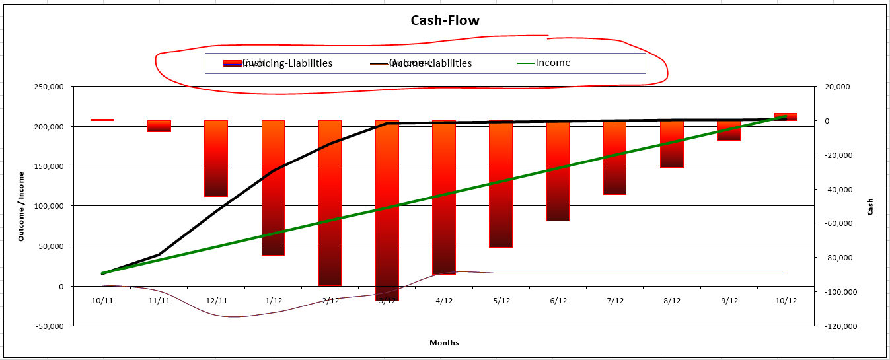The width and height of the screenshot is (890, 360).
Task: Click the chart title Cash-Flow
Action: (x=445, y=20)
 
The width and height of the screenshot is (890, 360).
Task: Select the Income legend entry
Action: (x=552, y=63)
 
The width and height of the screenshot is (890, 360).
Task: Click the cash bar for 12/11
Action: (x=216, y=159)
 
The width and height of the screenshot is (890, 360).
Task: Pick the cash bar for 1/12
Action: (x=273, y=188)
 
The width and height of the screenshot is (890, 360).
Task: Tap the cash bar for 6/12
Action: (x=558, y=170)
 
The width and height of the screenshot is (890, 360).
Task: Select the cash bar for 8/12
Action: (x=671, y=144)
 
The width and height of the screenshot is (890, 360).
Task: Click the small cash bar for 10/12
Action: (x=786, y=117)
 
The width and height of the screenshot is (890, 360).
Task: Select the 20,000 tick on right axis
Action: (x=832, y=87)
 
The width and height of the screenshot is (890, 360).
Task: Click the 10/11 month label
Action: (x=102, y=301)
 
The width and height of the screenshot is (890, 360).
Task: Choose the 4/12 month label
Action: (x=444, y=301)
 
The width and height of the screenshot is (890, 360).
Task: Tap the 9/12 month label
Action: (x=729, y=301)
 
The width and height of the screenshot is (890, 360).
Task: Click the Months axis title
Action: (x=444, y=343)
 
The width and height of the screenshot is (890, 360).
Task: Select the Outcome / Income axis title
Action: (x=21, y=206)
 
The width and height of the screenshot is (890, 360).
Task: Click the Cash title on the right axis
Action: (x=870, y=206)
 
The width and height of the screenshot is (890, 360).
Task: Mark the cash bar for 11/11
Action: (x=159, y=126)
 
